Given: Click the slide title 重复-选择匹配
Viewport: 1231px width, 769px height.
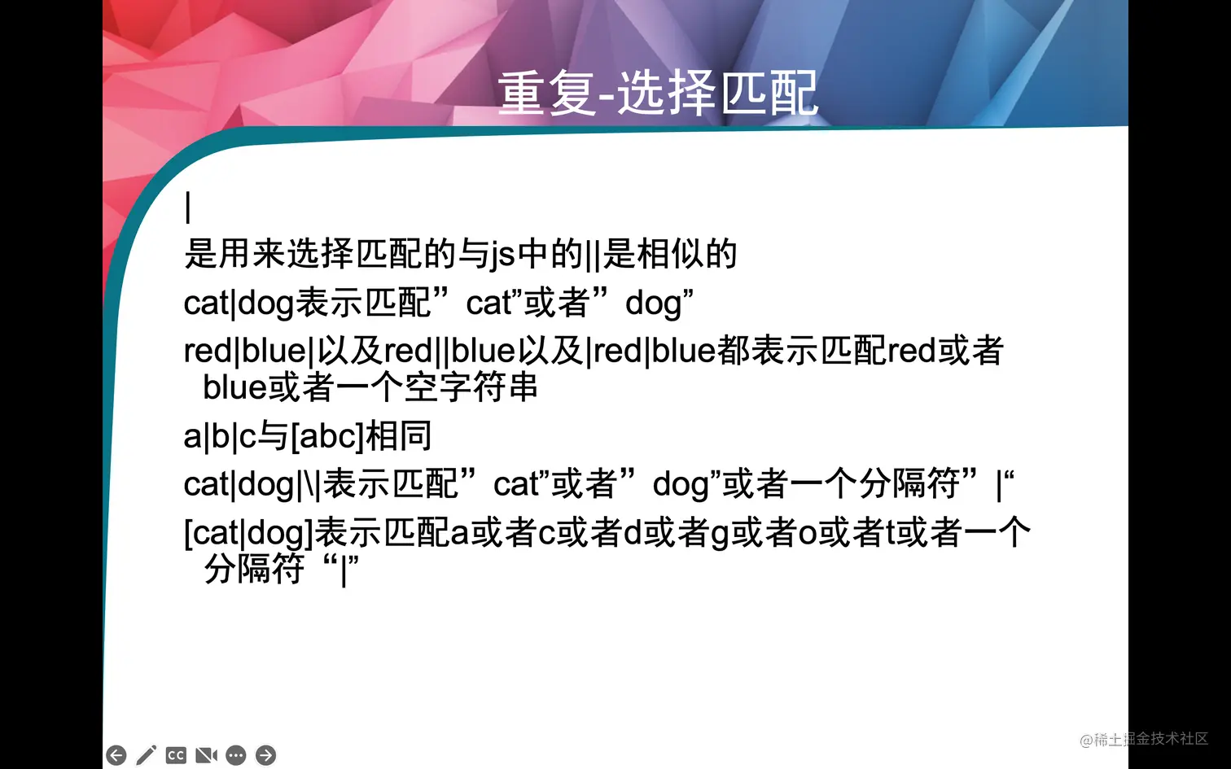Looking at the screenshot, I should click(658, 94).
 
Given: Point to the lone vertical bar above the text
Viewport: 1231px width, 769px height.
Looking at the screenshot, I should click(188, 207).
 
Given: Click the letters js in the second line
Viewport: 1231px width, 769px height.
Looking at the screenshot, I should click(503, 255).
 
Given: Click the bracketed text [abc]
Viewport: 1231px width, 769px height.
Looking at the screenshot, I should click(326, 437).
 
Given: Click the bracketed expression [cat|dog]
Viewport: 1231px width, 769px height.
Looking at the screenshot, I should click(248, 534).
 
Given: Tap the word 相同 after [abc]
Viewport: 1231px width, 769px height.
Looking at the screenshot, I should click(399, 437).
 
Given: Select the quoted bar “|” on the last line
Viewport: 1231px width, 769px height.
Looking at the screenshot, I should click(341, 570).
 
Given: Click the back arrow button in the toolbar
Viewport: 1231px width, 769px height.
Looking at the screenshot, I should click(116, 756).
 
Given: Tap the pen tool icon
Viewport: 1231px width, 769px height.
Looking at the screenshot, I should click(147, 756).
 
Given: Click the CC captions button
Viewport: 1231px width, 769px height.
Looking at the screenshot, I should click(176, 756).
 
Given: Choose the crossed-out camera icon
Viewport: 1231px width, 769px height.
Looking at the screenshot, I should click(206, 756).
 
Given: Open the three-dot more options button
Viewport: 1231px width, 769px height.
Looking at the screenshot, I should click(236, 756).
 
